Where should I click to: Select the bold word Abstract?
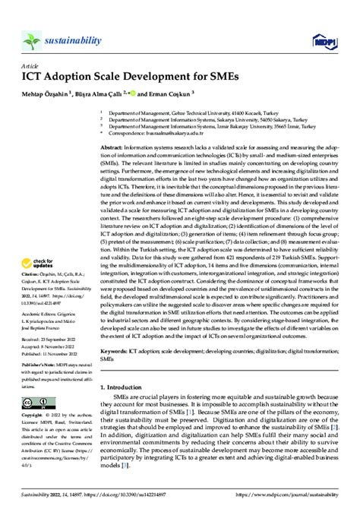pyautogui.click(x=112, y=148)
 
